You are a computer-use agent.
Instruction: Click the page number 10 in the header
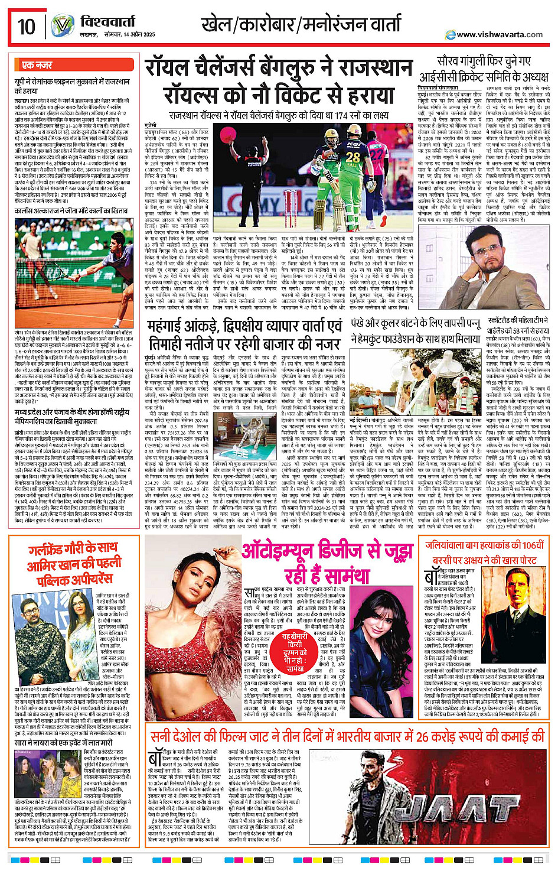(27, 27)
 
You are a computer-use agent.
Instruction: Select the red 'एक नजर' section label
(37, 65)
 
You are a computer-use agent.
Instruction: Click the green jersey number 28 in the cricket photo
(353, 158)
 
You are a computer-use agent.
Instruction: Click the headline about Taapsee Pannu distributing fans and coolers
(416, 332)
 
